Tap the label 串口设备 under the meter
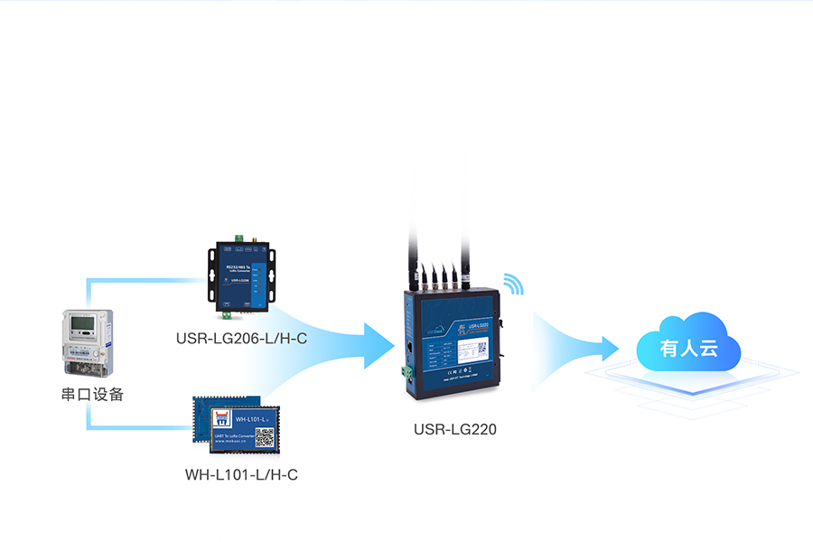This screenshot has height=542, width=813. pyautogui.click(x=92, y=394)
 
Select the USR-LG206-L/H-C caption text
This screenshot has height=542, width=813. pyautogui.click(x=241, y=340)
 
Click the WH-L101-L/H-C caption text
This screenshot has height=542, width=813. pyautogui.click(x=241, y=473)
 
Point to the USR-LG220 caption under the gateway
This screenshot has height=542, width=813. pyautogui.click(x=455, y=429)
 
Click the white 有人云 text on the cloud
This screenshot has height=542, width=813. pyautogui.click(x=688, y=349)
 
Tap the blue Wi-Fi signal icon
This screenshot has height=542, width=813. pyautogui.click(x=513, y=284)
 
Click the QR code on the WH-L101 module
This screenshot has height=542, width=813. pyautogui.click(x=264, y=438)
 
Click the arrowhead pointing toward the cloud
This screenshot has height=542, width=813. pyautogui.click(x=605, y=348)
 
